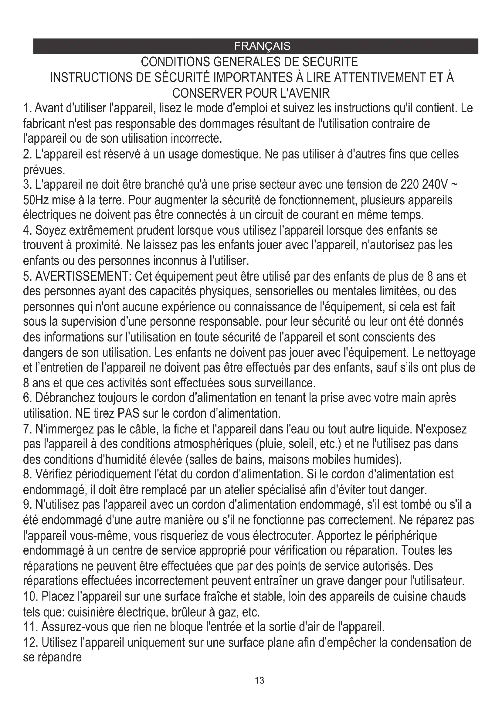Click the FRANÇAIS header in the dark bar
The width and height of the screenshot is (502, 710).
(262, 46)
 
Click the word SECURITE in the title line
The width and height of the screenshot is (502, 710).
(330, 62)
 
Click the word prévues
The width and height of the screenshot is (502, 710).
(44, 170)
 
